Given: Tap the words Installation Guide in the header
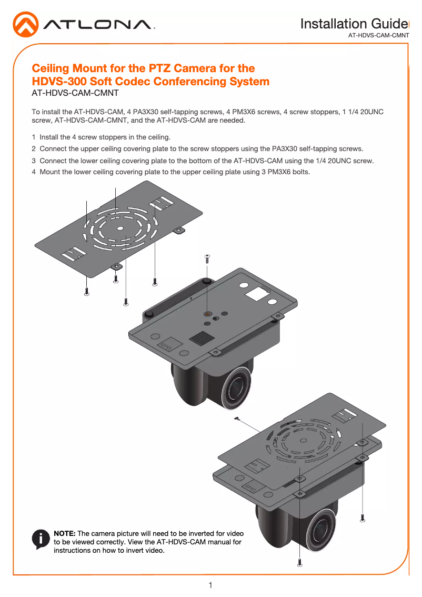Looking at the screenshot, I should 353,24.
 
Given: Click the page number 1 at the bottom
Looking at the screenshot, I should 210,585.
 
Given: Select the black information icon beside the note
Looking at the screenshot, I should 41,539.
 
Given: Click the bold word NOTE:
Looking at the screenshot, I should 65,533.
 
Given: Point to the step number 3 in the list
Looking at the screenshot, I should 34,161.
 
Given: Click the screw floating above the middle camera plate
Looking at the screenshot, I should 207,258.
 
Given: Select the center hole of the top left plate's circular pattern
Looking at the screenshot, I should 120,228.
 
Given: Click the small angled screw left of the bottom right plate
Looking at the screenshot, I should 238,419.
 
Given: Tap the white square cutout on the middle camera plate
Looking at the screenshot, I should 257,293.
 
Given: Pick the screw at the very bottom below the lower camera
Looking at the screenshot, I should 299,562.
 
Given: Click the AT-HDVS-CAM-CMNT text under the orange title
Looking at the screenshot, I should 75,94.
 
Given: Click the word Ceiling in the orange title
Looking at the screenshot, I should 52,68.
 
